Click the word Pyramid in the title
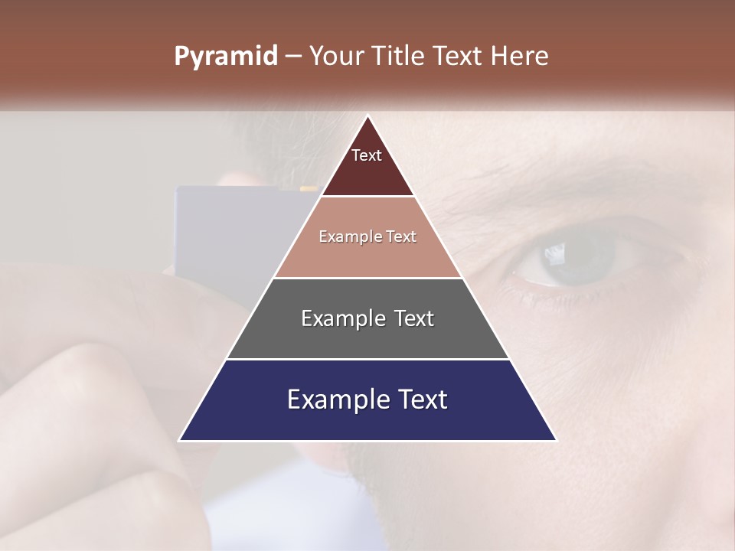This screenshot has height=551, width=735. (x=225, y=57)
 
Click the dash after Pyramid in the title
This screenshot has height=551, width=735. (x=293, y=57)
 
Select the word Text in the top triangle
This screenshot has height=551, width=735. (x=367, y=155)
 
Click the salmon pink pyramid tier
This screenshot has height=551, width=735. (x=367, y=256)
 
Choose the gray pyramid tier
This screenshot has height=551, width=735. (x=367, y=337)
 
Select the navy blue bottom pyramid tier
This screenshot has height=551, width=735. (x=367, y=421)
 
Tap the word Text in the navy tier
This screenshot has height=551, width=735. (x=420, y=399)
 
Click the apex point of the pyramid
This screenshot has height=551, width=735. (x=367, y=116)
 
